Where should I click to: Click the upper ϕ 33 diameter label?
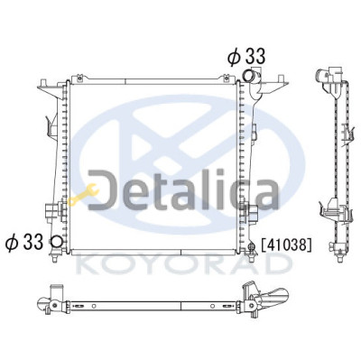point(246,57)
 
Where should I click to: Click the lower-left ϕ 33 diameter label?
point(24,242)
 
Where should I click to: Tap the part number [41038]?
point(286,245)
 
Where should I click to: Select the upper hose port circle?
point(248,75)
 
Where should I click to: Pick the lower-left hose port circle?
point(57,242)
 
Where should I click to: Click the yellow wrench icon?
point(83,195)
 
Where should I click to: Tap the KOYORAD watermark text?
point(185,265)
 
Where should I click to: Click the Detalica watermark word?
point(183,190)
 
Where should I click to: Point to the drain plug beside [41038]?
point(252,246)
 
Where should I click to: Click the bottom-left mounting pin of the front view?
point(54,258)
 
